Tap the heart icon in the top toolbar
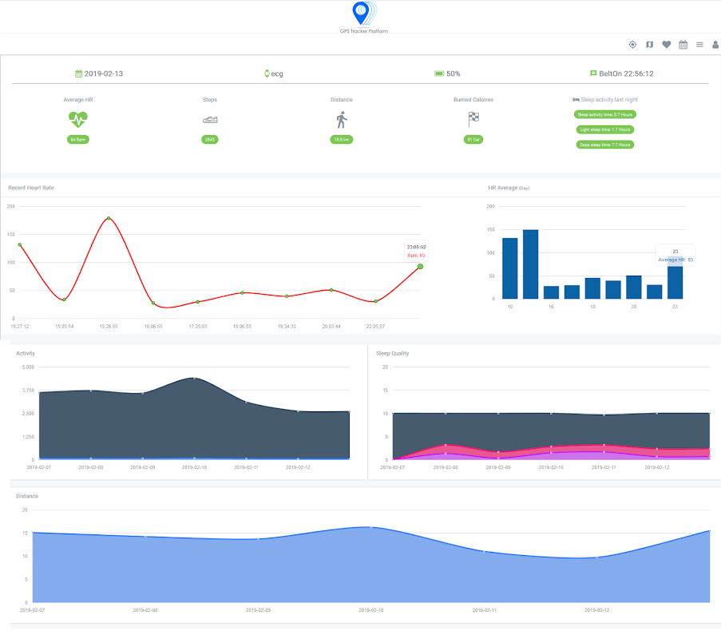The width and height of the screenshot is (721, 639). click(666, 45)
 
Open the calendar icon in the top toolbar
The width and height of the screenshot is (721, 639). click(683, 45)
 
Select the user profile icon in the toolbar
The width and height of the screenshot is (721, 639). click(715, 45)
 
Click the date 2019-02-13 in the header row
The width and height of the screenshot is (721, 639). click(103, 73)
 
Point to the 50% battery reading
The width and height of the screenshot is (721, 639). click(453, 73)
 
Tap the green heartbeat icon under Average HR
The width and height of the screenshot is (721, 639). click(78, 119)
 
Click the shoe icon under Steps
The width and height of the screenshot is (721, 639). click(210, 120)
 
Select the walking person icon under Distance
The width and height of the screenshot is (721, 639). click(342, 120)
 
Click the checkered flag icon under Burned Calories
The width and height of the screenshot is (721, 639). click(473, 120)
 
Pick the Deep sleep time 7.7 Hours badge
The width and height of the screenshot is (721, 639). click(605, 145)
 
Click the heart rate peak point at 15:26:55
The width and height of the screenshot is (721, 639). click(109, 218)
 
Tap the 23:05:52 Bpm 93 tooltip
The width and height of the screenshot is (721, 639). click(417, 251)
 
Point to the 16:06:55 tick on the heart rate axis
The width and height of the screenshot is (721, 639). click(153, 327)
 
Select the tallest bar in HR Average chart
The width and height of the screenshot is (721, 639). click(530, 264)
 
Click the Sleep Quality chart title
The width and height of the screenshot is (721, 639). click(392, 353)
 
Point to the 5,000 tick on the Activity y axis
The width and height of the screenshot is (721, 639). click(27, 367)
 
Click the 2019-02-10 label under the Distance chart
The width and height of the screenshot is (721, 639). click(370, 609)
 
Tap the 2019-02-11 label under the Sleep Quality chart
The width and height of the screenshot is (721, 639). click(604, 466)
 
